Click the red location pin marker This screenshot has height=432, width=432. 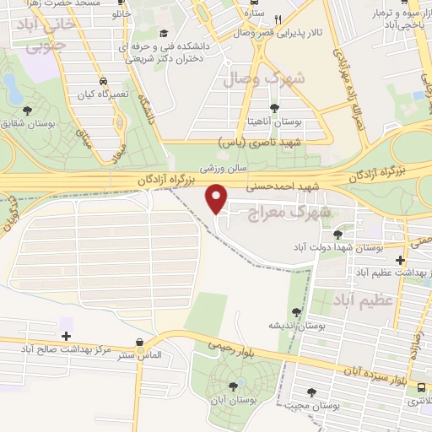217,198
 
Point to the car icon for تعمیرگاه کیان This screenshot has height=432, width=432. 102,83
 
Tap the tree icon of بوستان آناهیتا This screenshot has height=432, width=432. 274,108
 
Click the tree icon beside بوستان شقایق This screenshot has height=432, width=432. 28,110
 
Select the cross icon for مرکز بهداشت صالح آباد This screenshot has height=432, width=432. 67,336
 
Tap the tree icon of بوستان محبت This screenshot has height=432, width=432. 314,391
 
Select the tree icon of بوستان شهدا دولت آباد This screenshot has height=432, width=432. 338,234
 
